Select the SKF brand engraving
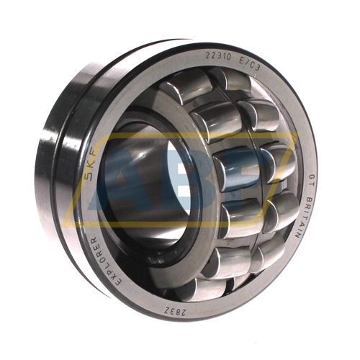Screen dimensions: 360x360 [x=94, y=167]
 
